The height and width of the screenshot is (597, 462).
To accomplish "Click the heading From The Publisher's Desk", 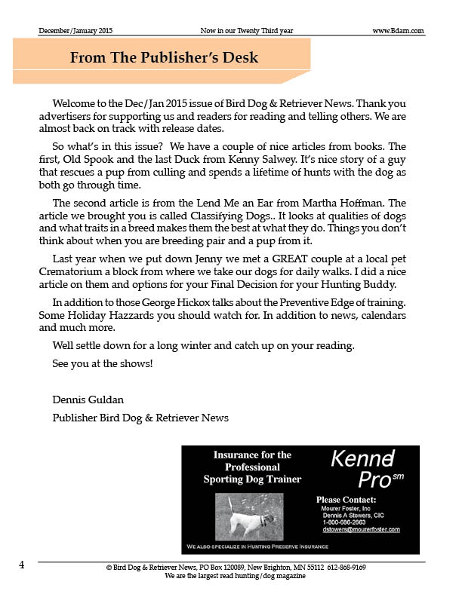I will [x=164, y=58].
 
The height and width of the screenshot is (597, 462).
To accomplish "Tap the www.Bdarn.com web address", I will [x=398, y=30].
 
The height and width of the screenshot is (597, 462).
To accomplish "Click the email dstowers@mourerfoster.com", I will [x=361, y=529].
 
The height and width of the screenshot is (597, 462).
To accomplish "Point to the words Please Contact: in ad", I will [x=346, y=499].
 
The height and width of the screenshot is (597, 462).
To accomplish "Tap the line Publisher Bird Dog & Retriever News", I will [x=140, y=417].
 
